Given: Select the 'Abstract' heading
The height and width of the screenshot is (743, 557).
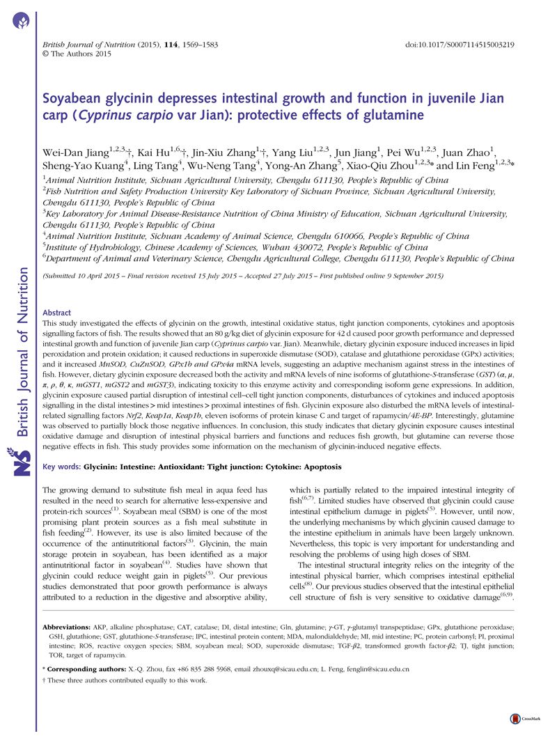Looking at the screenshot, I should coord(56,313).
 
